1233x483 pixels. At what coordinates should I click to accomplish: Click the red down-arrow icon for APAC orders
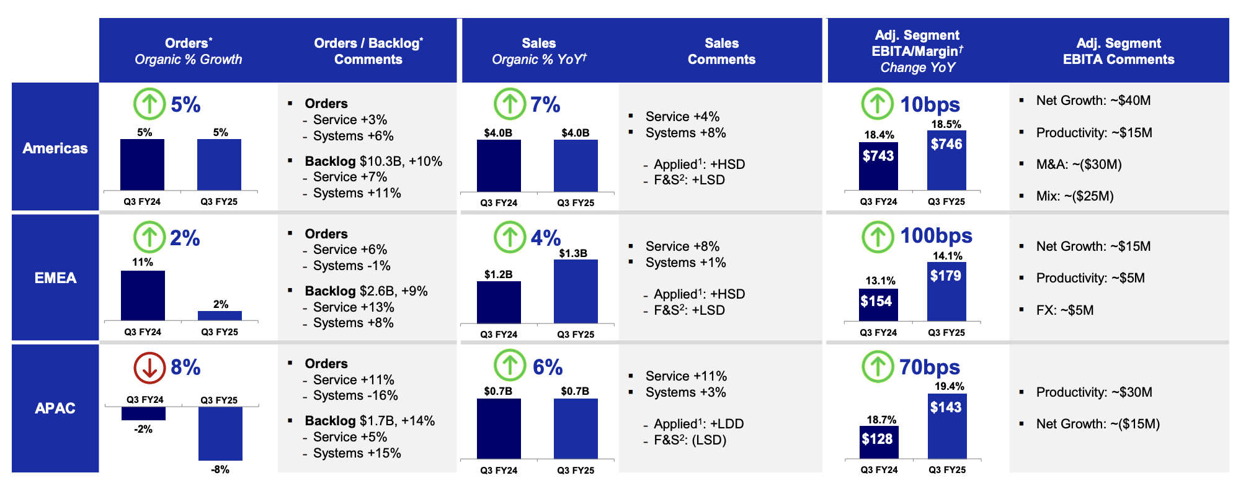[149, 368]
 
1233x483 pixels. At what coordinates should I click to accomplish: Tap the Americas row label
[55, 148]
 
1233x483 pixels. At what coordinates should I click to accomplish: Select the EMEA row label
[55, 278]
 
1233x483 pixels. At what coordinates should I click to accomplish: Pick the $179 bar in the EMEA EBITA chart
[946, 291]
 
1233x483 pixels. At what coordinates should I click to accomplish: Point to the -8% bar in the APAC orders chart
[220, 433]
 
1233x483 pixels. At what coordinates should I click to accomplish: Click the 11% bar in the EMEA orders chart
[143, 295]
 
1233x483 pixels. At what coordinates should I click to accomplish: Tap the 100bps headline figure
[936, 236]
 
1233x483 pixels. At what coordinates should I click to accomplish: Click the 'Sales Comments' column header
[721, 51]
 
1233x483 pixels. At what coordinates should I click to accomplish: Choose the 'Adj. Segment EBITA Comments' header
[1118, 51]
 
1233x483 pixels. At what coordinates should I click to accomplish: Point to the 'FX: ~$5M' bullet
[1064, 310]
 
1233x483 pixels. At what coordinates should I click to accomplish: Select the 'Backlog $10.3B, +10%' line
[373, 161]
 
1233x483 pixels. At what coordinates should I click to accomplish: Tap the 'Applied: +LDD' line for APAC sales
[698, 424]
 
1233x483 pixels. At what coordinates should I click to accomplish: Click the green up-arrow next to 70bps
[877, 367]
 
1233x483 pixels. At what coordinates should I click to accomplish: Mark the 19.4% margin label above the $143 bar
[949, 386]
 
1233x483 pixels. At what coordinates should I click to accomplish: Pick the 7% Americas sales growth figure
[545, 104]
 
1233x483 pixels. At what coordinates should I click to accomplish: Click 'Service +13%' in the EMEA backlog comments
[354, 307]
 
